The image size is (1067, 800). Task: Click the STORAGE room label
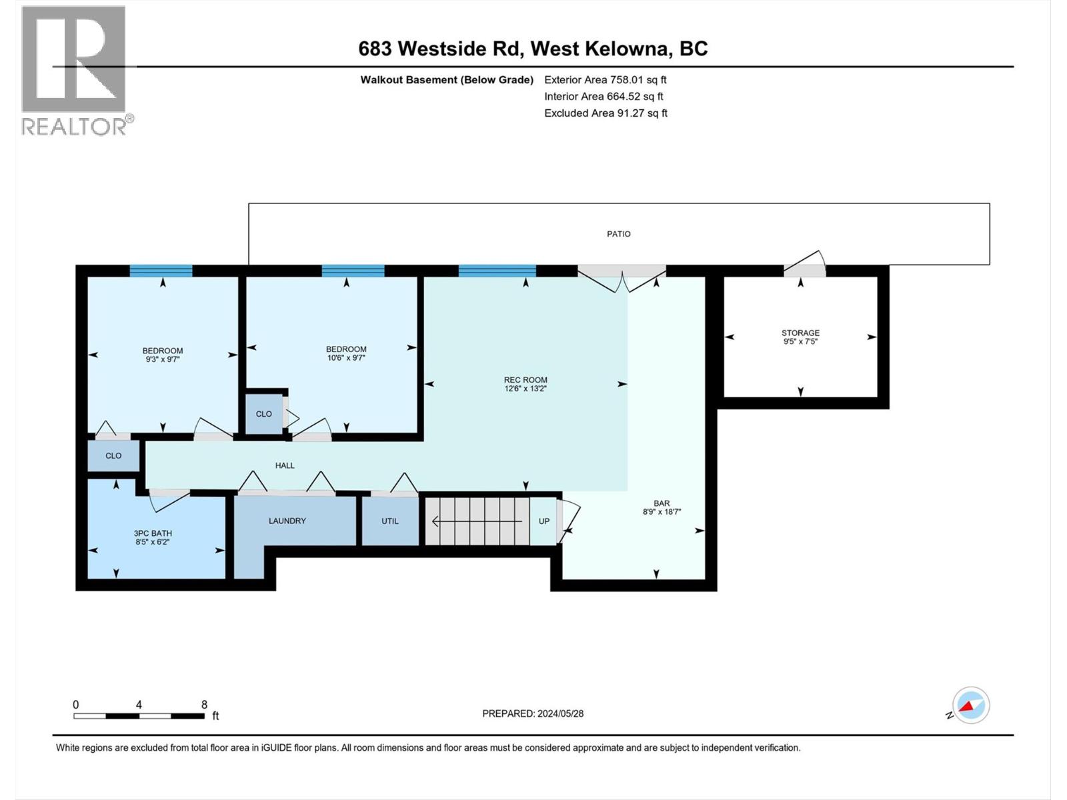[800, 333]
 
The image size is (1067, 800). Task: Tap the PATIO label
[618, 234]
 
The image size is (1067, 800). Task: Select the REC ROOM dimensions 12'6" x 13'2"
[525, 389]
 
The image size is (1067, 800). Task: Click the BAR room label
[662, 503]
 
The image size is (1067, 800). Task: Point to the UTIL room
[390, 521]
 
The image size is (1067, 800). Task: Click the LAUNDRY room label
[287, 521]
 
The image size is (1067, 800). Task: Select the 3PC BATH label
[153, 533]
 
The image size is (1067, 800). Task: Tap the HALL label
[285, 465]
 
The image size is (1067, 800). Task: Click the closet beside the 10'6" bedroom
[263, 414]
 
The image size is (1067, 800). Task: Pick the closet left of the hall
[113, 456]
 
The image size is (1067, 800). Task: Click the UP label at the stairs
[544, 521]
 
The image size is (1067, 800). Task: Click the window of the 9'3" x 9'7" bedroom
[161, 271]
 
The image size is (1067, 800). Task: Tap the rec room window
[497, 271]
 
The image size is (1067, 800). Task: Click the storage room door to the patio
[804, 269]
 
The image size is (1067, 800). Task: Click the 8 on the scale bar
[204, 705]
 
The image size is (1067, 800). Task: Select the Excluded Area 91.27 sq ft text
[606, 113]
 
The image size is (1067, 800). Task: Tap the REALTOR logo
[75, 70]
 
